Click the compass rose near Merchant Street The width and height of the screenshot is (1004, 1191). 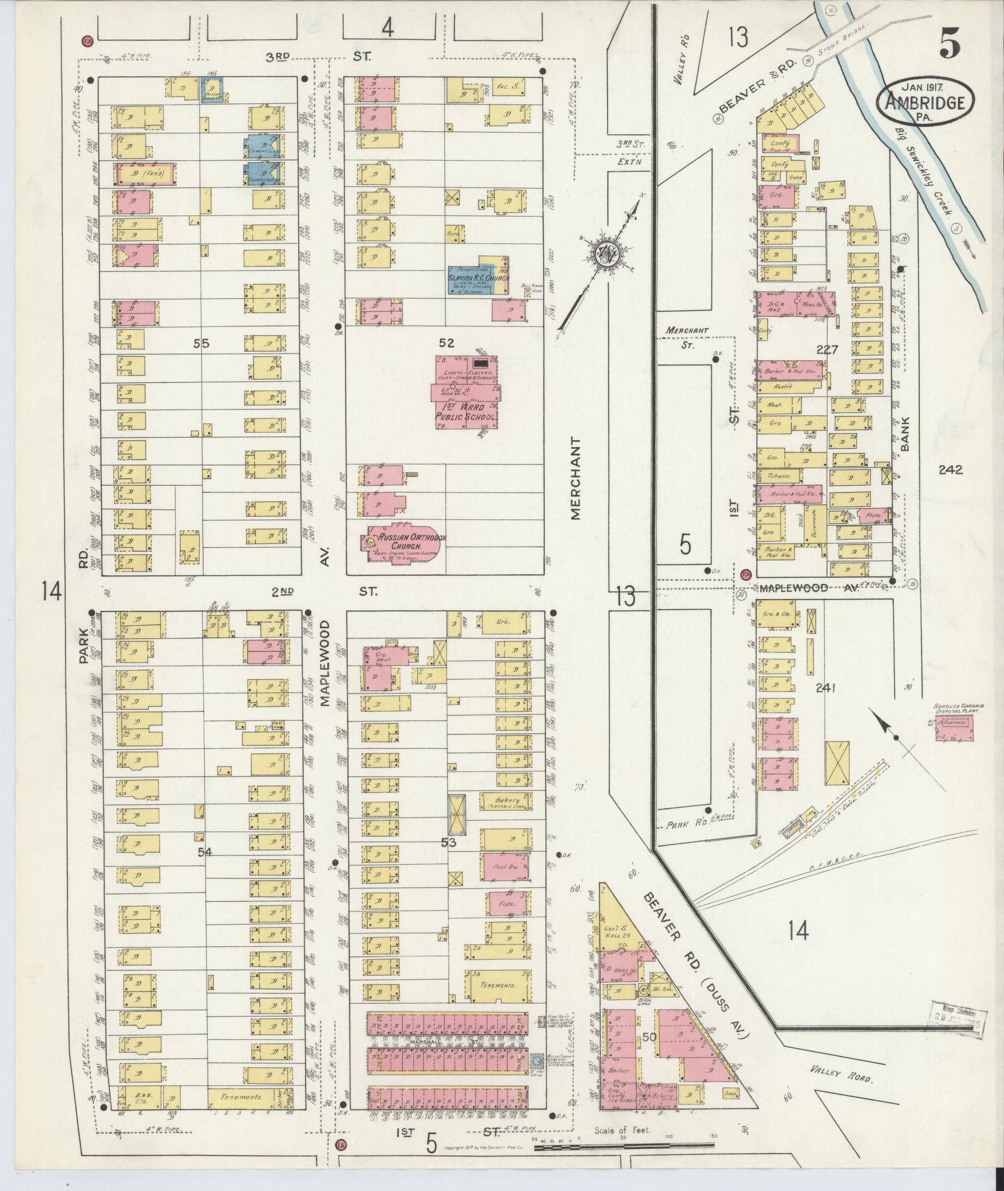coord(604,253)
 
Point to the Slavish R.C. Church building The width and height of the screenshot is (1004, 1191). coord(478,278)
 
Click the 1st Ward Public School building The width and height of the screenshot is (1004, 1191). coord(466,392)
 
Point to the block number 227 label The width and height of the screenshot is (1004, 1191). coord(827,349)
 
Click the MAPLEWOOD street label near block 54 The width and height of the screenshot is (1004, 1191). coord(324,662)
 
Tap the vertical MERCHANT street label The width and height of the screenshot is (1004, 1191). coord(575,478)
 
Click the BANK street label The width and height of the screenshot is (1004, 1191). coord(906,434)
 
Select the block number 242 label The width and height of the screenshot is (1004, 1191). coord(951,470)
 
